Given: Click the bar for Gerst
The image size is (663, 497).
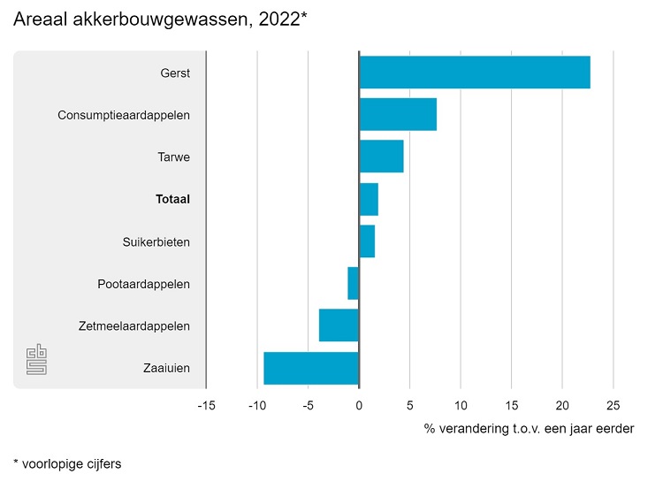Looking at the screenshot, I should pos(475,72).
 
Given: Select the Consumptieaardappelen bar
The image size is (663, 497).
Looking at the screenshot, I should pos(398,114).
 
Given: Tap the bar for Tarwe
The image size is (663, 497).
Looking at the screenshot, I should pos(381,157).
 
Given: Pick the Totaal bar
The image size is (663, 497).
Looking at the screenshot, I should pos(369,199).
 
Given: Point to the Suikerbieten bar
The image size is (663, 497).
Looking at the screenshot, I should pos(367,241).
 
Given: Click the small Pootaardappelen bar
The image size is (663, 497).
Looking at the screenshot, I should pos(354,284).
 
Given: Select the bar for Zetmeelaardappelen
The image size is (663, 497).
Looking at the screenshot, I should pos(339,326).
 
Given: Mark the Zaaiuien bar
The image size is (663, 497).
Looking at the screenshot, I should pos(311,369).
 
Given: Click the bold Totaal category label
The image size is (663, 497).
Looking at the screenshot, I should pos(172,200).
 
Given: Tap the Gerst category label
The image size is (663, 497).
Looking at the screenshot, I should pos(175,73).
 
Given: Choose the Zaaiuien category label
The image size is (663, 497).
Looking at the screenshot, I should pos(166,369).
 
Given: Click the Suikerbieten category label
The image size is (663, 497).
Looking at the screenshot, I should pos(156,241).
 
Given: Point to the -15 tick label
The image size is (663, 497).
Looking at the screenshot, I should pos(206,406).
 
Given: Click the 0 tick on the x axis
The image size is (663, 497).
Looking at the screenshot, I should pos(359,406).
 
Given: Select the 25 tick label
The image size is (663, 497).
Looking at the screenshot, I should pos(613,406).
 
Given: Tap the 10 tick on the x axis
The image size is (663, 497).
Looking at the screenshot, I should pos(461,406).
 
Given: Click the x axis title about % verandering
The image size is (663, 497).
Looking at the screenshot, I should pos(529,429).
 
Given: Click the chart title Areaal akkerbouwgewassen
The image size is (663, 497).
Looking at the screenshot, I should pos(160,20).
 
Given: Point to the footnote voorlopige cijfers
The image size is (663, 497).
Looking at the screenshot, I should pos(67,463).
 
